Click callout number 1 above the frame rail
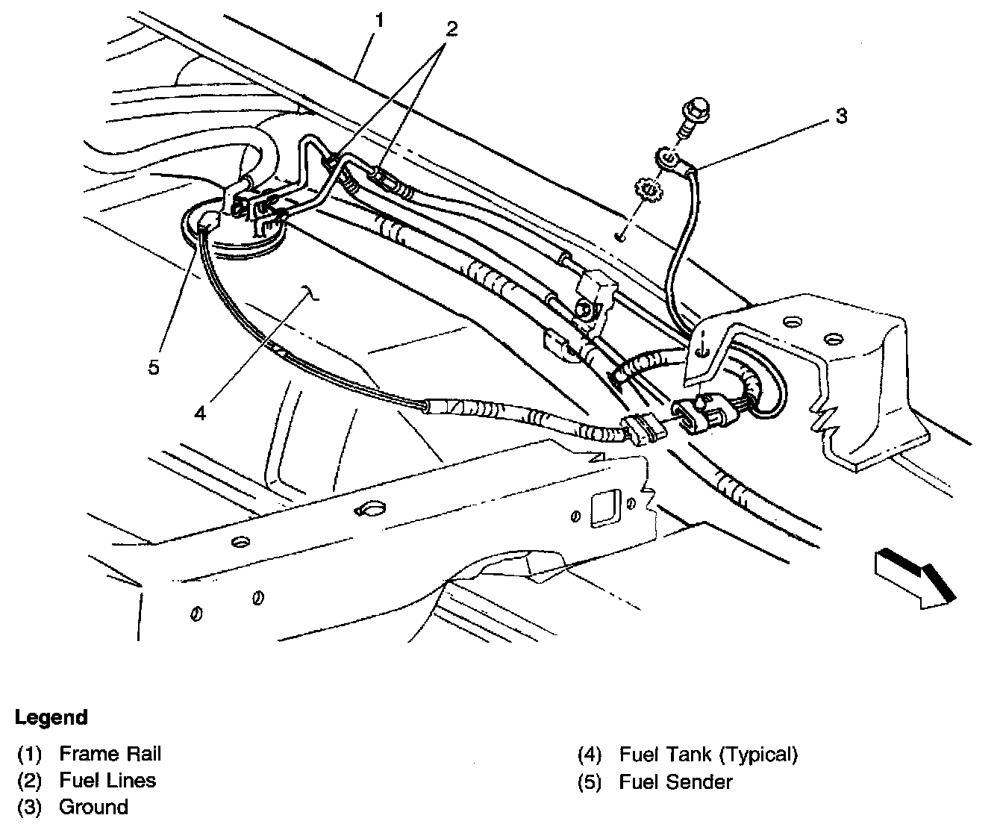click(x=380, y=21)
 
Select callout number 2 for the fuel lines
click(x=451, y=29)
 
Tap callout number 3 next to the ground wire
click(x=841, y=117)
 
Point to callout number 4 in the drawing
click(x=200, y=412)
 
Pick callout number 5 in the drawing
click(x=153, y=367)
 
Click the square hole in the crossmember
click(x=602, y=508)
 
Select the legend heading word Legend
click(x=51, y=718)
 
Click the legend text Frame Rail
click(x=110, y=754)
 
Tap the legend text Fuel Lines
click(x=107, y=781)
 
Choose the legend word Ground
click(x=93, y=807)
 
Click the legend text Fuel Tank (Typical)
click(x=708, y=754)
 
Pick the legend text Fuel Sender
click(x=675, y=781)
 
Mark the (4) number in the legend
click(x=590, y=755)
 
